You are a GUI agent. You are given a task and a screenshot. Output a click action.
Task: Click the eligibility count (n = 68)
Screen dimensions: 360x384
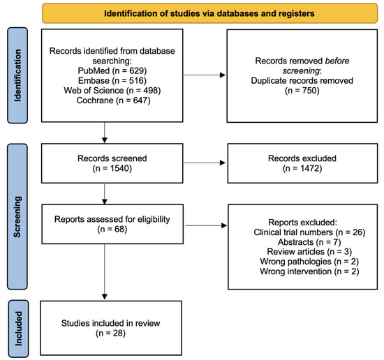(x=103, y=231)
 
